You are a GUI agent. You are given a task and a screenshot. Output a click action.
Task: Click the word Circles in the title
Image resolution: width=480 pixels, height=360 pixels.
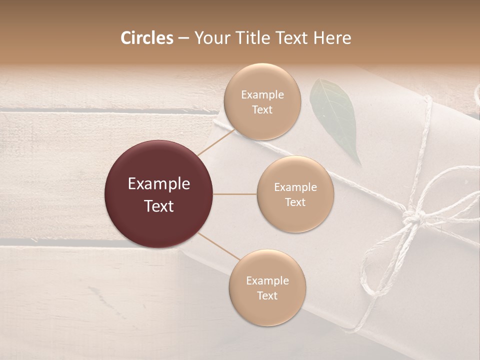coord(147,38)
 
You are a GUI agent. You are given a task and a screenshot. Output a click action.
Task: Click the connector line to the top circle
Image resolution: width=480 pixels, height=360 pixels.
coord(216,140)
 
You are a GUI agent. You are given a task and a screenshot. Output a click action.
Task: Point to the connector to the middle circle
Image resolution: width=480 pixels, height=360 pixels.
coord(235,194)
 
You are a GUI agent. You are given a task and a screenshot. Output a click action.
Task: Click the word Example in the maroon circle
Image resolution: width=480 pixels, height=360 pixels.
coord(159,184)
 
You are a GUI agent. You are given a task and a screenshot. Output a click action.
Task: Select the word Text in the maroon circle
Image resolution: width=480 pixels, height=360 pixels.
coord(159,206)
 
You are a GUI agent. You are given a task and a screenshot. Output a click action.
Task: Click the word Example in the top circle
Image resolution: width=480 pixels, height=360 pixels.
coord(262,95)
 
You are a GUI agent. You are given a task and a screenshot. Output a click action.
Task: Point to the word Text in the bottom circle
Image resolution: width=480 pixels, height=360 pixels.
coord(267,295)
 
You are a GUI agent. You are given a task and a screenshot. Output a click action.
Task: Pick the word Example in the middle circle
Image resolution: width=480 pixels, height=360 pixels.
coord(295,187)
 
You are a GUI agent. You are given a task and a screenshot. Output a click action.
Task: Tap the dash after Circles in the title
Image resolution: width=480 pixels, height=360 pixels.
coord(183,38)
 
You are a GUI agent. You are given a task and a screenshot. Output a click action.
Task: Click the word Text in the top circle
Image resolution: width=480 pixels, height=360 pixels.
coord(262,110)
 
